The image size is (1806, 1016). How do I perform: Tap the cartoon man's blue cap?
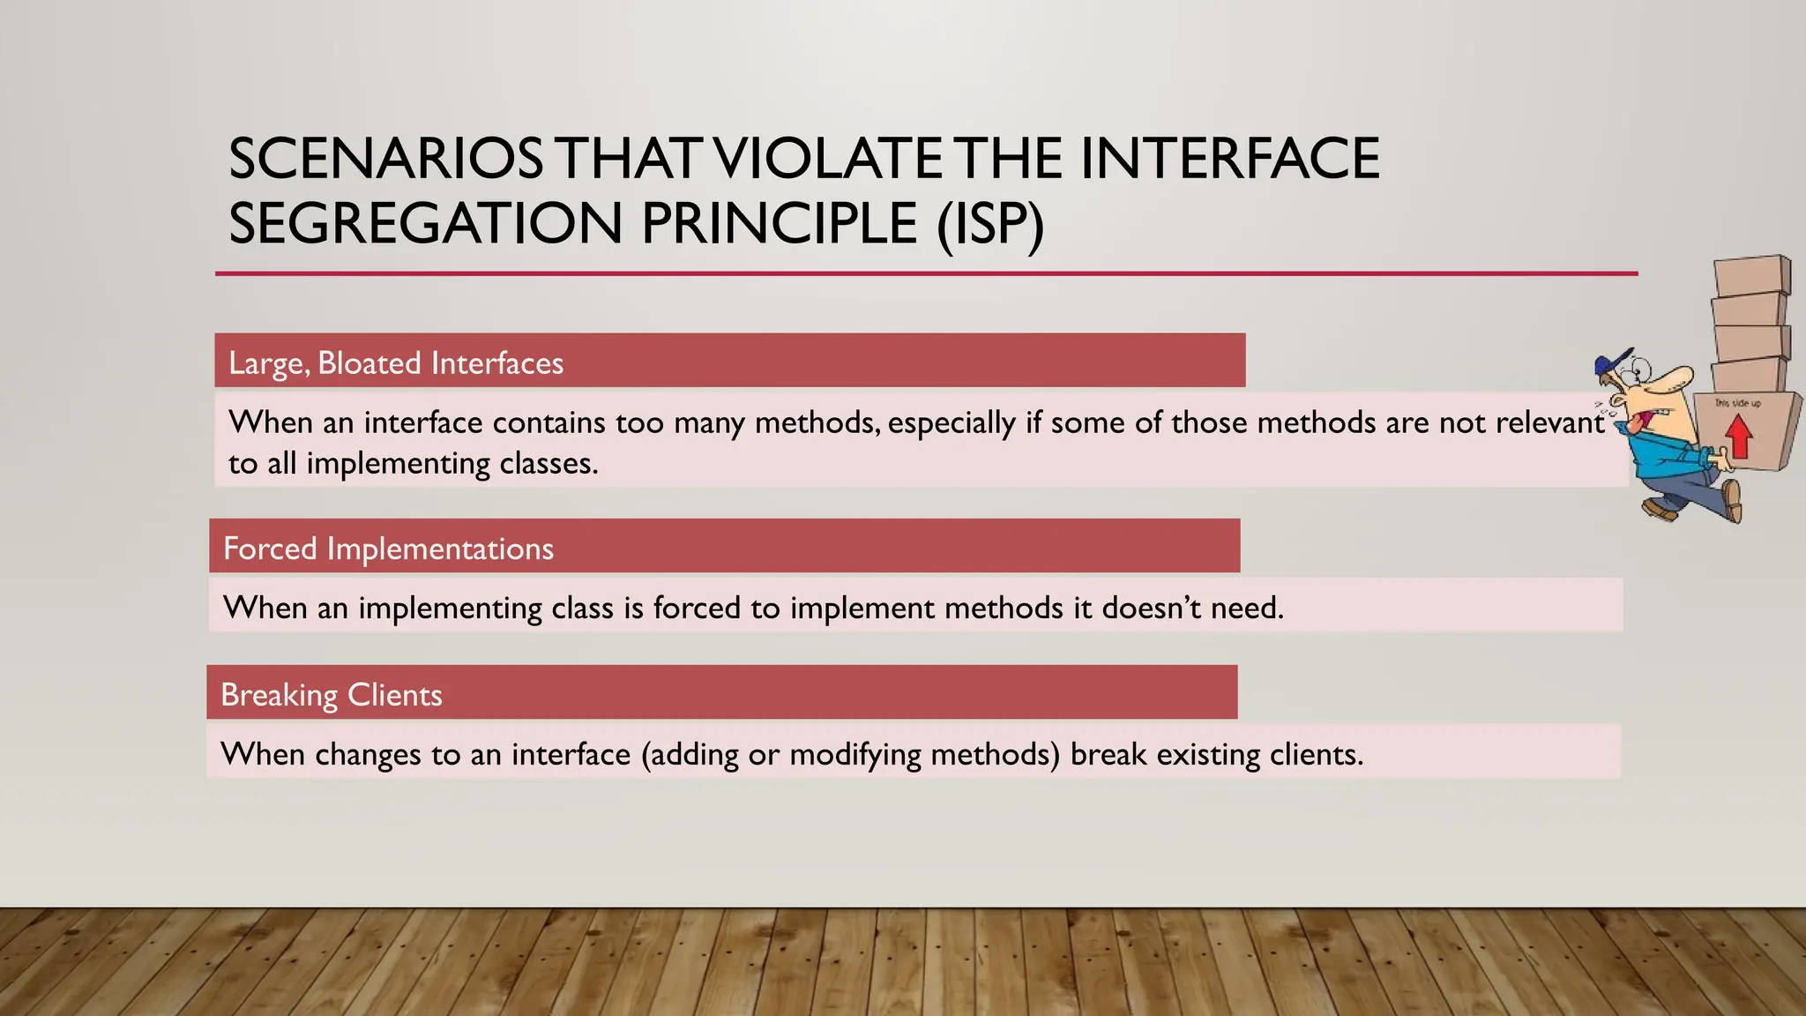point(1615,361)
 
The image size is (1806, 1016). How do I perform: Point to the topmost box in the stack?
point(1751,276)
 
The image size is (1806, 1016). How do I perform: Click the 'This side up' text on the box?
point(1737,403)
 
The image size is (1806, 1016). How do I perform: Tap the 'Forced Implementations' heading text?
point(388,549)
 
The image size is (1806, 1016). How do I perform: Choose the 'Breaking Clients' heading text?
point(331,695)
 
